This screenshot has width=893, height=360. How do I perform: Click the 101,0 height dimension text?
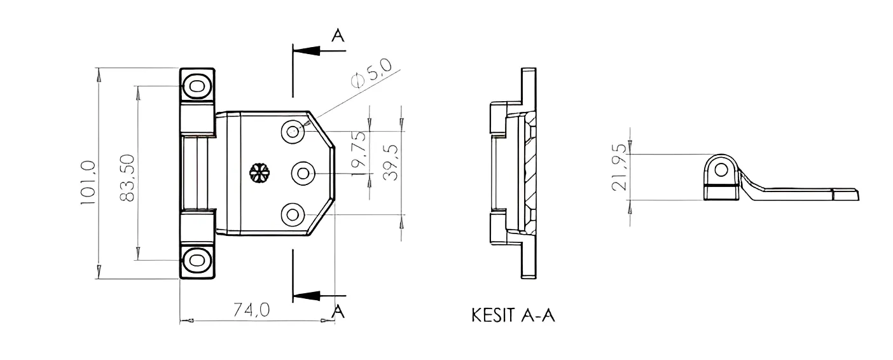click(88, 183)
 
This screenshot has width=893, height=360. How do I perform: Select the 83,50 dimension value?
click(127, 179)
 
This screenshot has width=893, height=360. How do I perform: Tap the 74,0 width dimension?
click(252, 310)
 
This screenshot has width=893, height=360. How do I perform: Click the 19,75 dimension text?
click(359, 153)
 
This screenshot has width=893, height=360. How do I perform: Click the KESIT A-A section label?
click(513, 315)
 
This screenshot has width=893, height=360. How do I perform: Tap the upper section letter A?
click(338, 36)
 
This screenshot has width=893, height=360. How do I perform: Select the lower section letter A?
click(338, 312)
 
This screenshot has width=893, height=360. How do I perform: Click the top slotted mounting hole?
click(197, 85)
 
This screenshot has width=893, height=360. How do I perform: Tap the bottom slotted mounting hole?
click(197, 260)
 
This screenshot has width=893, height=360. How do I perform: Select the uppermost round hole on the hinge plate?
click(293, 132)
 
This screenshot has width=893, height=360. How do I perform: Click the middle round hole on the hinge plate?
click(303, 172)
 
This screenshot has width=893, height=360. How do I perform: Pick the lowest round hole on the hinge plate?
click(293, 214)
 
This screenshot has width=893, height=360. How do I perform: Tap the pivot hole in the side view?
click(721, 169)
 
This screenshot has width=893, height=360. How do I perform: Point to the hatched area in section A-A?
click(529, 172)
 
